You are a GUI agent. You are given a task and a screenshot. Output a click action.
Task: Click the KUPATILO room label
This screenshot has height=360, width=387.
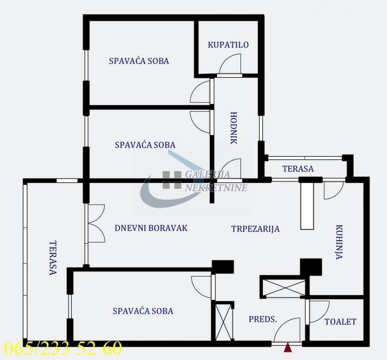tap(228, 45)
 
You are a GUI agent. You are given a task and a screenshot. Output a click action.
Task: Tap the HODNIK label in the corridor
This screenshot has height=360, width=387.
tap(233, 128)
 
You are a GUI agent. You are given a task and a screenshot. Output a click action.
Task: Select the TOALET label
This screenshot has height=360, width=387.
tap(340, 322)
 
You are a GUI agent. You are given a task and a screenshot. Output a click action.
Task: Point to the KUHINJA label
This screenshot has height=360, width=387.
tap(339, 242)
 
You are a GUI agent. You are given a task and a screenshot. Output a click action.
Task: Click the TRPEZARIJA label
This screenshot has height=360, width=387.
tap(255, 229)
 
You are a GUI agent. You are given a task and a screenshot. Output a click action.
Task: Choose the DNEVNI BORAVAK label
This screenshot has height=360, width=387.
tap(151, 228)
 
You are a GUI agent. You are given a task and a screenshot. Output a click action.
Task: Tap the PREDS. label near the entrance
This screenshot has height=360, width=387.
tap(263, 319)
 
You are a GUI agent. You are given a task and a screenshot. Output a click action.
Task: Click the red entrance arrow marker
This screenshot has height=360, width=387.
tap(287, 348)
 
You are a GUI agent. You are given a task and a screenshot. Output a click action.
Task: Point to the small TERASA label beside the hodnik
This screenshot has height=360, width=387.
tap(298, 169)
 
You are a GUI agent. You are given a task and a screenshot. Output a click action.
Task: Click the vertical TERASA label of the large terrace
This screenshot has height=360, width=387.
tap(53, 258)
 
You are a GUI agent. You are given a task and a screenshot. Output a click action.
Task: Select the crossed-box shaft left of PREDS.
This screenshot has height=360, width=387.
tap(224, 322)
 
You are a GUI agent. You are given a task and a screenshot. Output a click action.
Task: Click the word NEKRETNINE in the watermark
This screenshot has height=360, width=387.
tap(216, 188)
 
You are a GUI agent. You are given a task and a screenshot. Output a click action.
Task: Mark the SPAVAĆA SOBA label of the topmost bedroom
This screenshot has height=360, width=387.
tap(139, 61)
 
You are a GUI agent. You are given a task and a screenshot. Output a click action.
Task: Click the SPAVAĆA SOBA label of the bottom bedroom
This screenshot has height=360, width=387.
tap(143, 311)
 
